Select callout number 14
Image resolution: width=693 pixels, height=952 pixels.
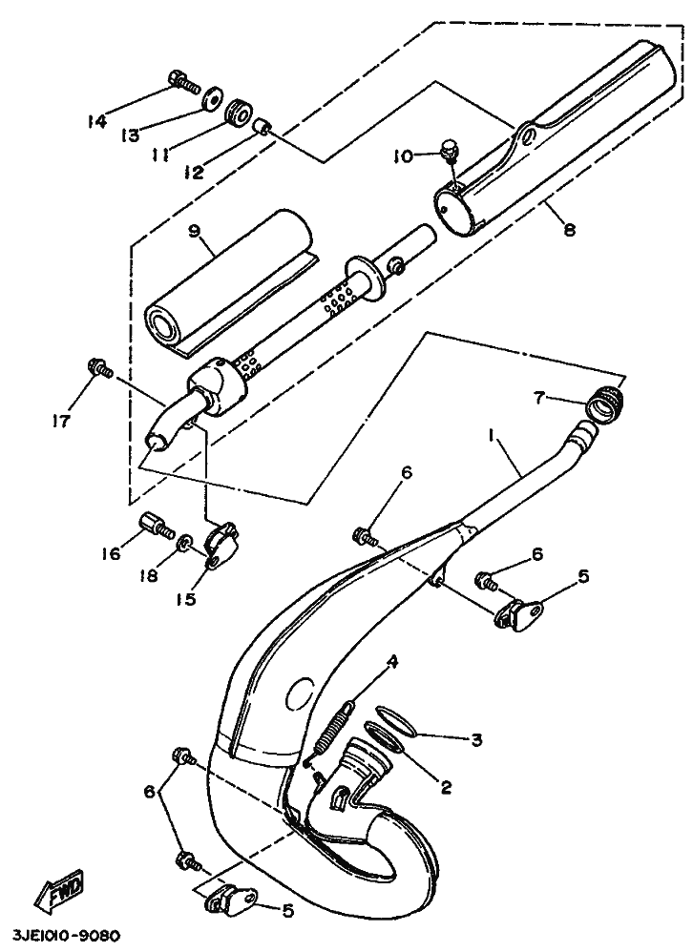[x=96, y=121]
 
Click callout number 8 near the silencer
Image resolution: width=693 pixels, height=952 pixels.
[x=569, y=229]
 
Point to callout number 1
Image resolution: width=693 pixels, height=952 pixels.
[x=492, y=437]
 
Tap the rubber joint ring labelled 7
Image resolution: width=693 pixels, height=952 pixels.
[x=603, y=404]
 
